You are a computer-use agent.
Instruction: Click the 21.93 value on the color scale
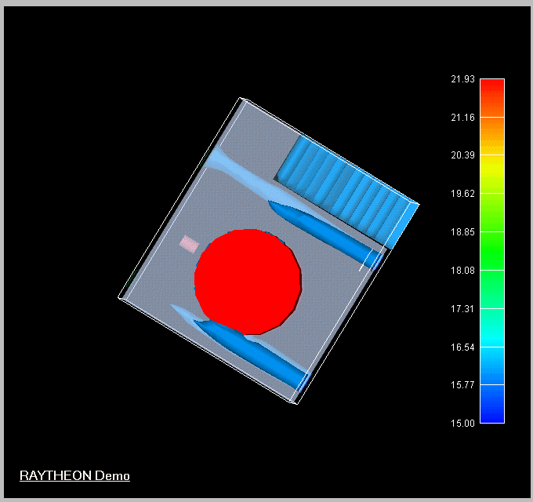[x=462, y=79]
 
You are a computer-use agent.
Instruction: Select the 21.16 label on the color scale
[x=462, y=118]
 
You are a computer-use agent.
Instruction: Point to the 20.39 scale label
[x=462, y=155]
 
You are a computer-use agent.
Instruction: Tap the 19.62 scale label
[x=462, y=194]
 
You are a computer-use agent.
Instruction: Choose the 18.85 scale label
[x=462, y=232]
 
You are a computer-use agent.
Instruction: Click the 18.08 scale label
[x=462, y=271]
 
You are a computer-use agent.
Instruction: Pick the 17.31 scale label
[x=462, y=309]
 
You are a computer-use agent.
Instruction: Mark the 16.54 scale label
[x=462, y=347]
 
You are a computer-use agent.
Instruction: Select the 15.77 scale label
[x=462, y=385]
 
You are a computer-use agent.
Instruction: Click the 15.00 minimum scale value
[x=462, y=424]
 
